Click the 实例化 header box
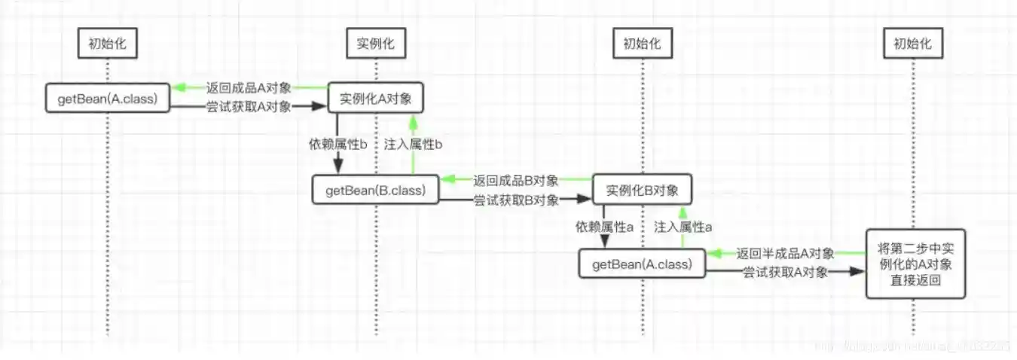pyautogui.click(x=375, y=44)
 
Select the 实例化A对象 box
pyautogui.click(x=375, y=99)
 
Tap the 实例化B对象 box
pyautogui.click(x=642, y=190)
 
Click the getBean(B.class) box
pyautogui.click(x=375, y=190)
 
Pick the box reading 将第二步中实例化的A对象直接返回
pyautogui.click(x=915, y=264)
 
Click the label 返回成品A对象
pyautogui.click(x=248, y=88)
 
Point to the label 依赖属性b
pyautogui.click(x=337, y=144)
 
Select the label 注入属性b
pyautogui.click(x=413, y=144)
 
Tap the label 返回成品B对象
pyautogui.click(x=516, y=181)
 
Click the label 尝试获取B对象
pyautogui.click(x=516, y=200)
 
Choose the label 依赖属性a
pyautogui.click(x=603, y=226)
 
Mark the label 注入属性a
pyautogui.click(x=683, y=226)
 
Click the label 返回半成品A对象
pyautogui.click(x=785, y=254)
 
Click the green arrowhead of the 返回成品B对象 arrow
pyautogui.click(x=446, y=180)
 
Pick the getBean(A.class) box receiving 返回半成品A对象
pyautogui.click(x=642, y=264)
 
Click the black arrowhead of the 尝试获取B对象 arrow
pyautogui.click(x=583, y=200)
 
